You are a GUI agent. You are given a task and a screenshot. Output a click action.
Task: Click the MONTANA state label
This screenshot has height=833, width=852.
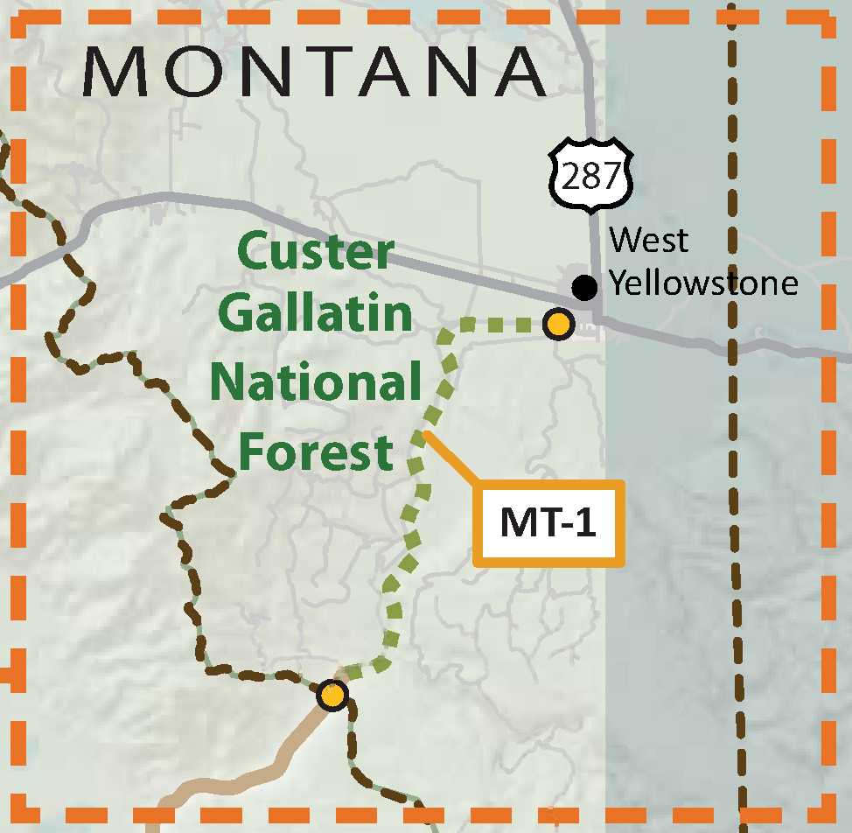[x=315, y=72]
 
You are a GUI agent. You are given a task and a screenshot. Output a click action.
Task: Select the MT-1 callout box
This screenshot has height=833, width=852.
[x=549, y=523]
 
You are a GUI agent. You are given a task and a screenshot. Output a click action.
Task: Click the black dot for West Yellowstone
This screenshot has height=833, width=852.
[x=583, y=286]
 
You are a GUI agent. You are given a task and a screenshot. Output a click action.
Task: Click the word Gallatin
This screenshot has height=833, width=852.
[x=315, y=313]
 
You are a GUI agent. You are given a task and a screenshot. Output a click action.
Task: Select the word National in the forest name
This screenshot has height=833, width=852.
[x=315, y=381]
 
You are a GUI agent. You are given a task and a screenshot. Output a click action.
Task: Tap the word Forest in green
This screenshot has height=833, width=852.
[x=315, y=451]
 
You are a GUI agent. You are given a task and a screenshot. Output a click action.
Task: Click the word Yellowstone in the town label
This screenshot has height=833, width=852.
[x=703, y=283]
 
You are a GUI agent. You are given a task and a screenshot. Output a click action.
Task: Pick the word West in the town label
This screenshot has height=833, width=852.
[x=648, y=240]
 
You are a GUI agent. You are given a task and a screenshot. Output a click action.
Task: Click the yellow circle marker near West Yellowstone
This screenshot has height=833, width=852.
[x=557, y=325]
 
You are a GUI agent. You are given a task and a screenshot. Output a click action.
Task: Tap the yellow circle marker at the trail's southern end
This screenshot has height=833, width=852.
[x=332, y=696]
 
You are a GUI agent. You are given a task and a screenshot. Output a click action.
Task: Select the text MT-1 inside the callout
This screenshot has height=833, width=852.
[x=548, y=523]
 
